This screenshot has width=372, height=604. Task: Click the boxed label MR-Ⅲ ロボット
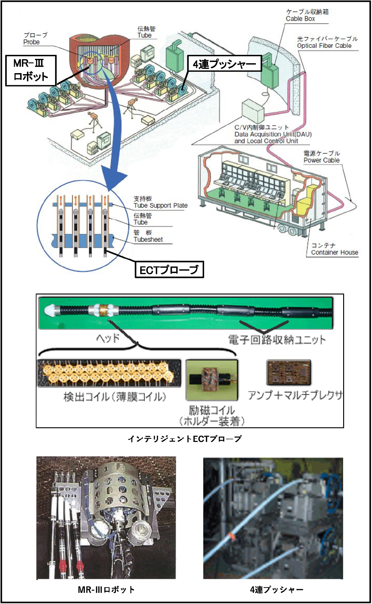coord(31,70)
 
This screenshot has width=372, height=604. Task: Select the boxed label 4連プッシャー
coord(224,64)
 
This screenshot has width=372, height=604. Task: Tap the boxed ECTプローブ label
coord(169,270)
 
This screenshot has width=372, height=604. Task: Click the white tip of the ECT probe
coord(49,310)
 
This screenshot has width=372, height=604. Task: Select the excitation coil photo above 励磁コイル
coord(212,380)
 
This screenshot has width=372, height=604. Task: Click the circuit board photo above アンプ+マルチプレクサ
coord(289,373)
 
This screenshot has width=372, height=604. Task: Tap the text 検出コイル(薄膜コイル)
coord(115,397)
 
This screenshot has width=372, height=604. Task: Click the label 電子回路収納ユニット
coord(277,340)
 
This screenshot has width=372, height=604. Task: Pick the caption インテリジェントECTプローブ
coord(185,439)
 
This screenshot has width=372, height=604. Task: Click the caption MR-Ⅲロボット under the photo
coord(106,589)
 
